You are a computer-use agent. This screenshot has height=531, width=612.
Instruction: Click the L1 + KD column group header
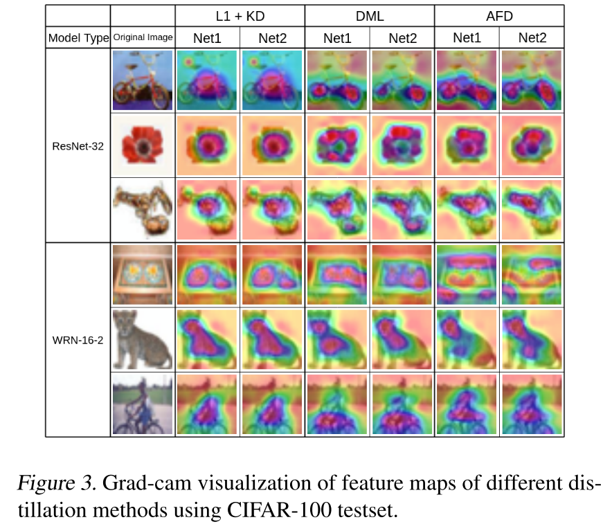(240, 15)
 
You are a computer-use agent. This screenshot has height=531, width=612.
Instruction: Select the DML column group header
(369, 15)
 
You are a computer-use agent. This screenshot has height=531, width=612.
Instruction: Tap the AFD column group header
(499, 15)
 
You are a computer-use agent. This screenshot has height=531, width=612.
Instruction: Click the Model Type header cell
(78, 38)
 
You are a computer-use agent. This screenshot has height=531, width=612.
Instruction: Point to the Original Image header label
(143, 38)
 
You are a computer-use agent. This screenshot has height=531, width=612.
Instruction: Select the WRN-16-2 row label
(78, 340)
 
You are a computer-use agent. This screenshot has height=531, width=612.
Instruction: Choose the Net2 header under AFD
(531, 38)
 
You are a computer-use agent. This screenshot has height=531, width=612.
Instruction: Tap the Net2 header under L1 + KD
(272, 38)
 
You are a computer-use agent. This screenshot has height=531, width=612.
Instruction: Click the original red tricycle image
(143, 81)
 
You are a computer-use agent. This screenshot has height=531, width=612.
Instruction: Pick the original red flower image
(143, 145)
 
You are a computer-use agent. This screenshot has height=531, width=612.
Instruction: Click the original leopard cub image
(143, 340)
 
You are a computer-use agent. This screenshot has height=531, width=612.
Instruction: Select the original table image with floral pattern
(143, 275)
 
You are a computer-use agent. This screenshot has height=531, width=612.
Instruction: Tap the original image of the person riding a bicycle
(143, 404)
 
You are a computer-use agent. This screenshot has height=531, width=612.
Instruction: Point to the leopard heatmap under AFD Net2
(531, 340)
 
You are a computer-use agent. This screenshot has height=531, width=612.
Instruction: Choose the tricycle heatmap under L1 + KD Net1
(207, 81)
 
